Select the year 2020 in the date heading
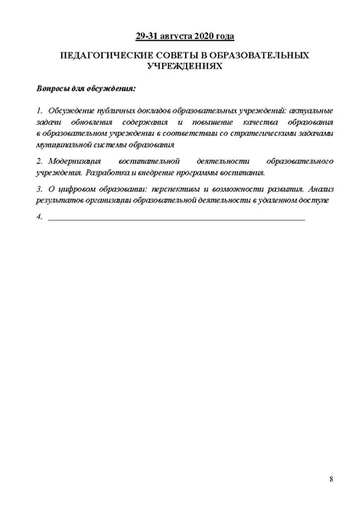click(201, 37)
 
